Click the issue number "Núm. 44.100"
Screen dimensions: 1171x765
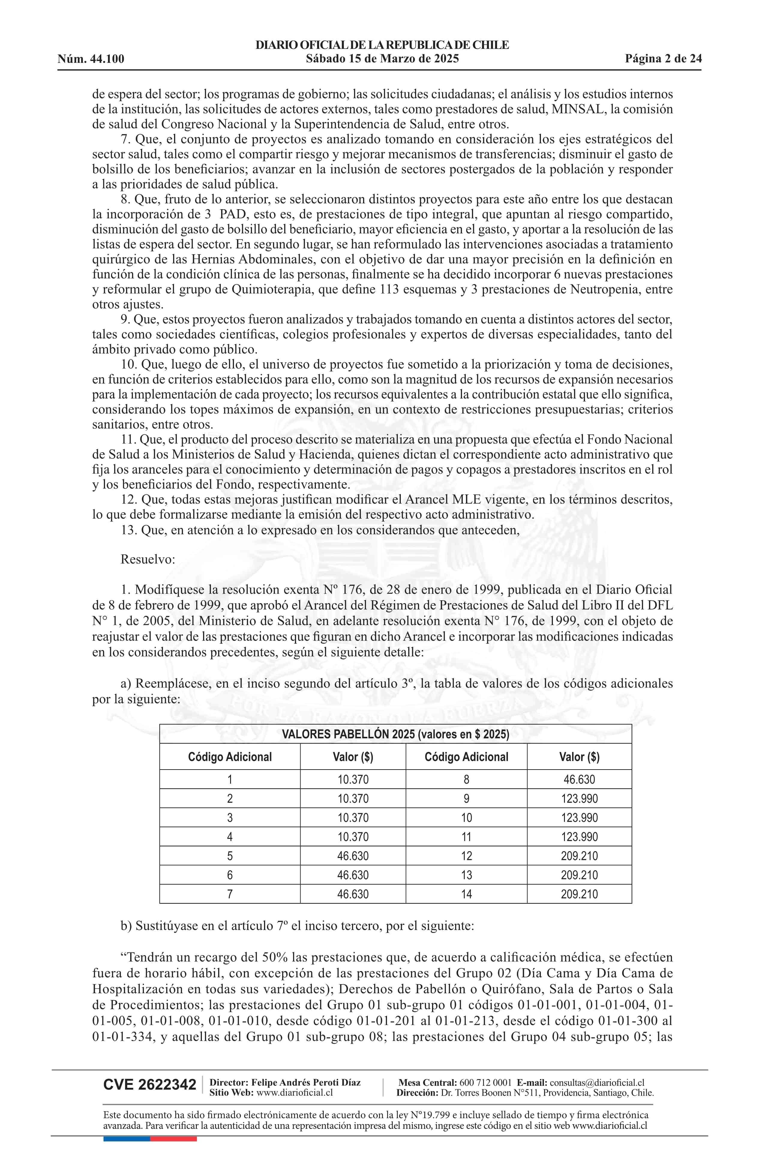click(x=91, y=59)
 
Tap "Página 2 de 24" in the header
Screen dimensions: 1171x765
click(x=663, y=59)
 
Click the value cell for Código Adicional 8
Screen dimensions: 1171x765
click(x=579, y=779)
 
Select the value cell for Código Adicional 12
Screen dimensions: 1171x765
click(x=579, y=856)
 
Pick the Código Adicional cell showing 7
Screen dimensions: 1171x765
click(x=229, y=894)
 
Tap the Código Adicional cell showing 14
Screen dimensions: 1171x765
click(x=466, y=894)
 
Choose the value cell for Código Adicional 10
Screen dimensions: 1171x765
click(x=579, y=818)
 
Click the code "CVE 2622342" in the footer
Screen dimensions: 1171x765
click(x=149, y=1085)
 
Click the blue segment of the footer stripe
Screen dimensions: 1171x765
click(x=126, y=1139)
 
